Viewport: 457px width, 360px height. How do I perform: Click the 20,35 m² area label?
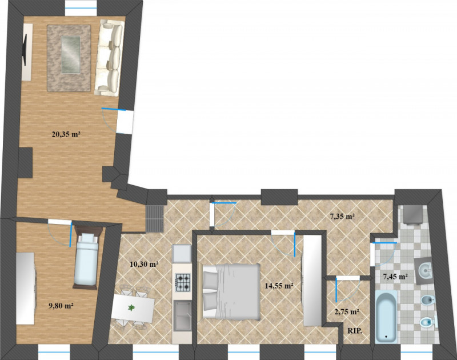coord(66,134)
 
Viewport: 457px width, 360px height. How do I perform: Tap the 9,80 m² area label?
coord(61,306)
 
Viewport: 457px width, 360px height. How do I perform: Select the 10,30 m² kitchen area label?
coord(144,265)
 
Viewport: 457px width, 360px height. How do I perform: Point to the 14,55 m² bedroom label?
coord(279,286)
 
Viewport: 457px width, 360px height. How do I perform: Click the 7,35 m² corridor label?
coord(342,217)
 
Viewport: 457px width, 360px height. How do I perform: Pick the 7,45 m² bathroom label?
coord(395,277)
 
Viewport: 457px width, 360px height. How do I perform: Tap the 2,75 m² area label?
coord(347,312)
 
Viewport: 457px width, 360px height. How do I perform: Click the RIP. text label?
coord(355,331)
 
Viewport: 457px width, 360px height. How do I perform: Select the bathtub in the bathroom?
coord(386,317)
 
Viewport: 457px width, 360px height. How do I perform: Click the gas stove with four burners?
coord(183,282)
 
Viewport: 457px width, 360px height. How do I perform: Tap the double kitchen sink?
coord(183,316)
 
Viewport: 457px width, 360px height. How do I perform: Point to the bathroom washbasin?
coord(425,271)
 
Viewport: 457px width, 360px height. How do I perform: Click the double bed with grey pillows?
coord(230,292)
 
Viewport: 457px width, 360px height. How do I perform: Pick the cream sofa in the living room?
coord(109,58)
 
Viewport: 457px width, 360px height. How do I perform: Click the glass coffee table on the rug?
coord(70,54)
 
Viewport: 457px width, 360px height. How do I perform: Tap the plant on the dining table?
coord(132,307)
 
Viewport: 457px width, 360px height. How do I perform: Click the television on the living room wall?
coord(25,50)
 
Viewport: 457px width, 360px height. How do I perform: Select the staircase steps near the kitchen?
coord(154,219)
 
